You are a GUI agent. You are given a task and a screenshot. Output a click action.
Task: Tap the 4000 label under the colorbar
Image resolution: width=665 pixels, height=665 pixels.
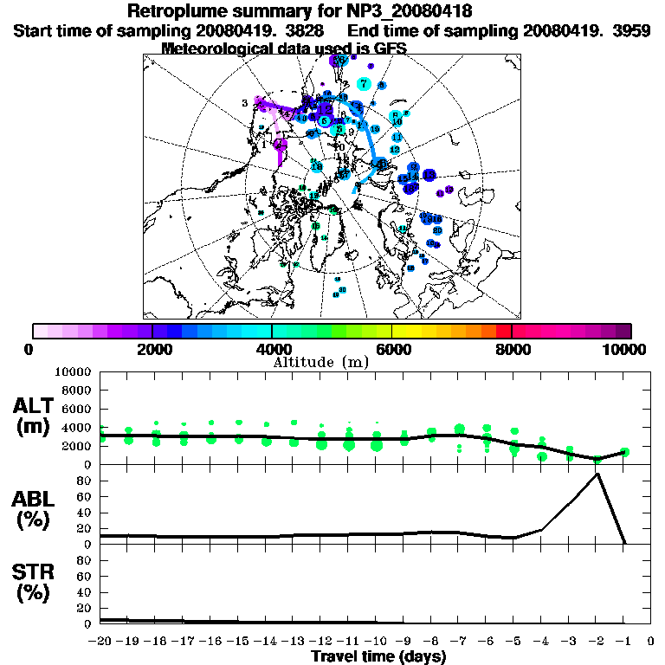[271, 349]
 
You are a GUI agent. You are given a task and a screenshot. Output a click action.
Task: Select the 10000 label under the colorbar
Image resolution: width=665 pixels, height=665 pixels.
[624, 349]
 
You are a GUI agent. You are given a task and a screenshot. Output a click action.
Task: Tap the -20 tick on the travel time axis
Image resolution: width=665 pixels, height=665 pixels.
[100, 642]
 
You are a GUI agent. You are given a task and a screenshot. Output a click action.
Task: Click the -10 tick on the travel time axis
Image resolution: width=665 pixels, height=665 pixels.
[376, 642]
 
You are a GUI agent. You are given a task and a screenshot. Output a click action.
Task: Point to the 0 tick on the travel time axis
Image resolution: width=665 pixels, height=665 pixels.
[652, 642]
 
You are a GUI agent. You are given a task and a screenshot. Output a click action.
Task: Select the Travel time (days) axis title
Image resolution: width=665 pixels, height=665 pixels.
[378, 657]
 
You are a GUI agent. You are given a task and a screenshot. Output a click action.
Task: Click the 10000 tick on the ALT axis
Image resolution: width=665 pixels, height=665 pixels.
[73, 372]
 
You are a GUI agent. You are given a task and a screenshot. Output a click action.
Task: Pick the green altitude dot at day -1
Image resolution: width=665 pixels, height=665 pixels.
[624, 451]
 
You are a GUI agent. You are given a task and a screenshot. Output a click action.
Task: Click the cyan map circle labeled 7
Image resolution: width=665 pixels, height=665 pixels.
[364, 84]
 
